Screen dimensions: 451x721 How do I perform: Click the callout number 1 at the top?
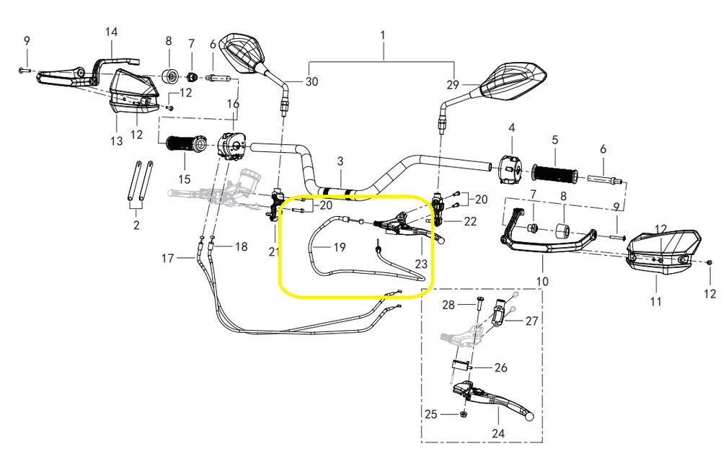click(383, 35)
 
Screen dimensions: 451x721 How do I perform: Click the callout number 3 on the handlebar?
click(340, 161)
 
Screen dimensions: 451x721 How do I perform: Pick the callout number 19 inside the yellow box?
click(339, 247)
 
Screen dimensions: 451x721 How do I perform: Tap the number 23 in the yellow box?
click(421, 264)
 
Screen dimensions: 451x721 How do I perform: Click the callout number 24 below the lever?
click(498, 433)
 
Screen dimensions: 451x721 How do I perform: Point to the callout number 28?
click(448, 305)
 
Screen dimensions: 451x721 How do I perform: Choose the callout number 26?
click(500, 367)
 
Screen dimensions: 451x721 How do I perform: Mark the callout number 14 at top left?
click(111, 32)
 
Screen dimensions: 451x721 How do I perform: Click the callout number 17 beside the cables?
click(168, 257)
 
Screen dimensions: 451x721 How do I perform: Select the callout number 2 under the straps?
click(136, 226)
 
